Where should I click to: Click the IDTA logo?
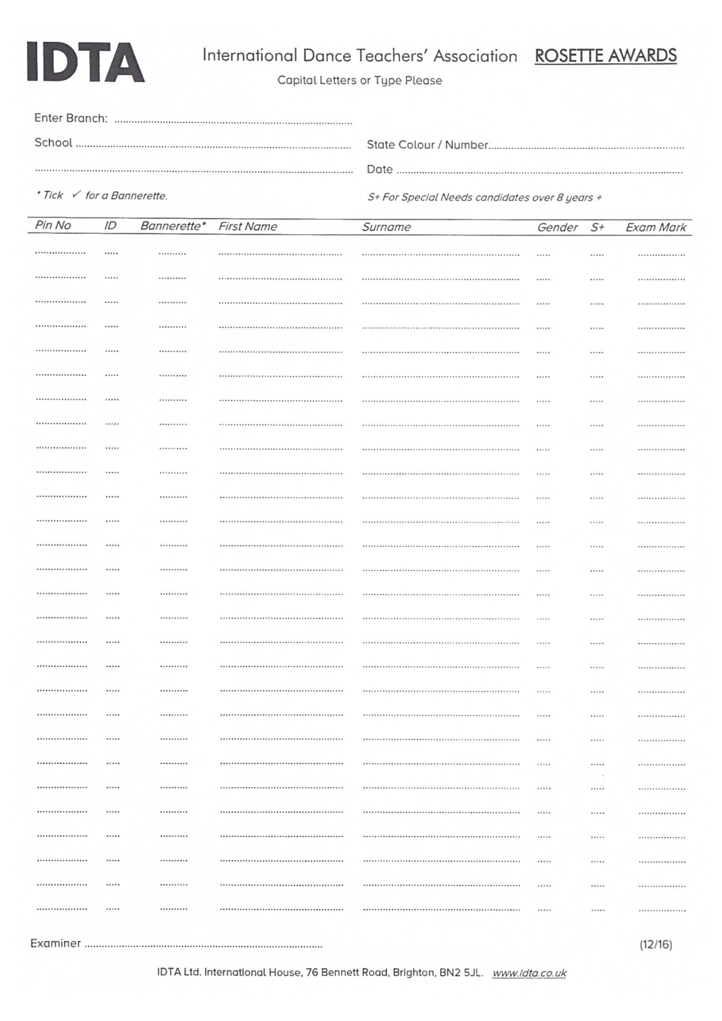pos(86,62)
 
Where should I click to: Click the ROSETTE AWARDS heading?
pos(606,56)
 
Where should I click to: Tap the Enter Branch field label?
pos(71,118)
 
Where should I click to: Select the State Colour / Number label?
pos(427,145)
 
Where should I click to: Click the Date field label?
pos(379,169)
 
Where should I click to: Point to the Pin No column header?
pos(53,226)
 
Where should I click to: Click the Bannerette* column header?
pos(173,226)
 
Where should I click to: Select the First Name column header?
pos(248,227)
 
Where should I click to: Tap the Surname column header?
pos(386,227)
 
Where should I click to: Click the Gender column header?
pos(557,228)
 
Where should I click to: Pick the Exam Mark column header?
pos(656,228)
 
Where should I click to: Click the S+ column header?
pos(597,228)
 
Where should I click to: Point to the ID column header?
pos(110,226)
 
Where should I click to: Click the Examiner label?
pos(56,943)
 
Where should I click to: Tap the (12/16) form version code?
pos(656,944)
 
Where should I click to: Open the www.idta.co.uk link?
pos(529,973)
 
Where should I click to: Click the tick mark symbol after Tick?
pos(77,195)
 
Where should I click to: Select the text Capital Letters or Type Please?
pos(359,81)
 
